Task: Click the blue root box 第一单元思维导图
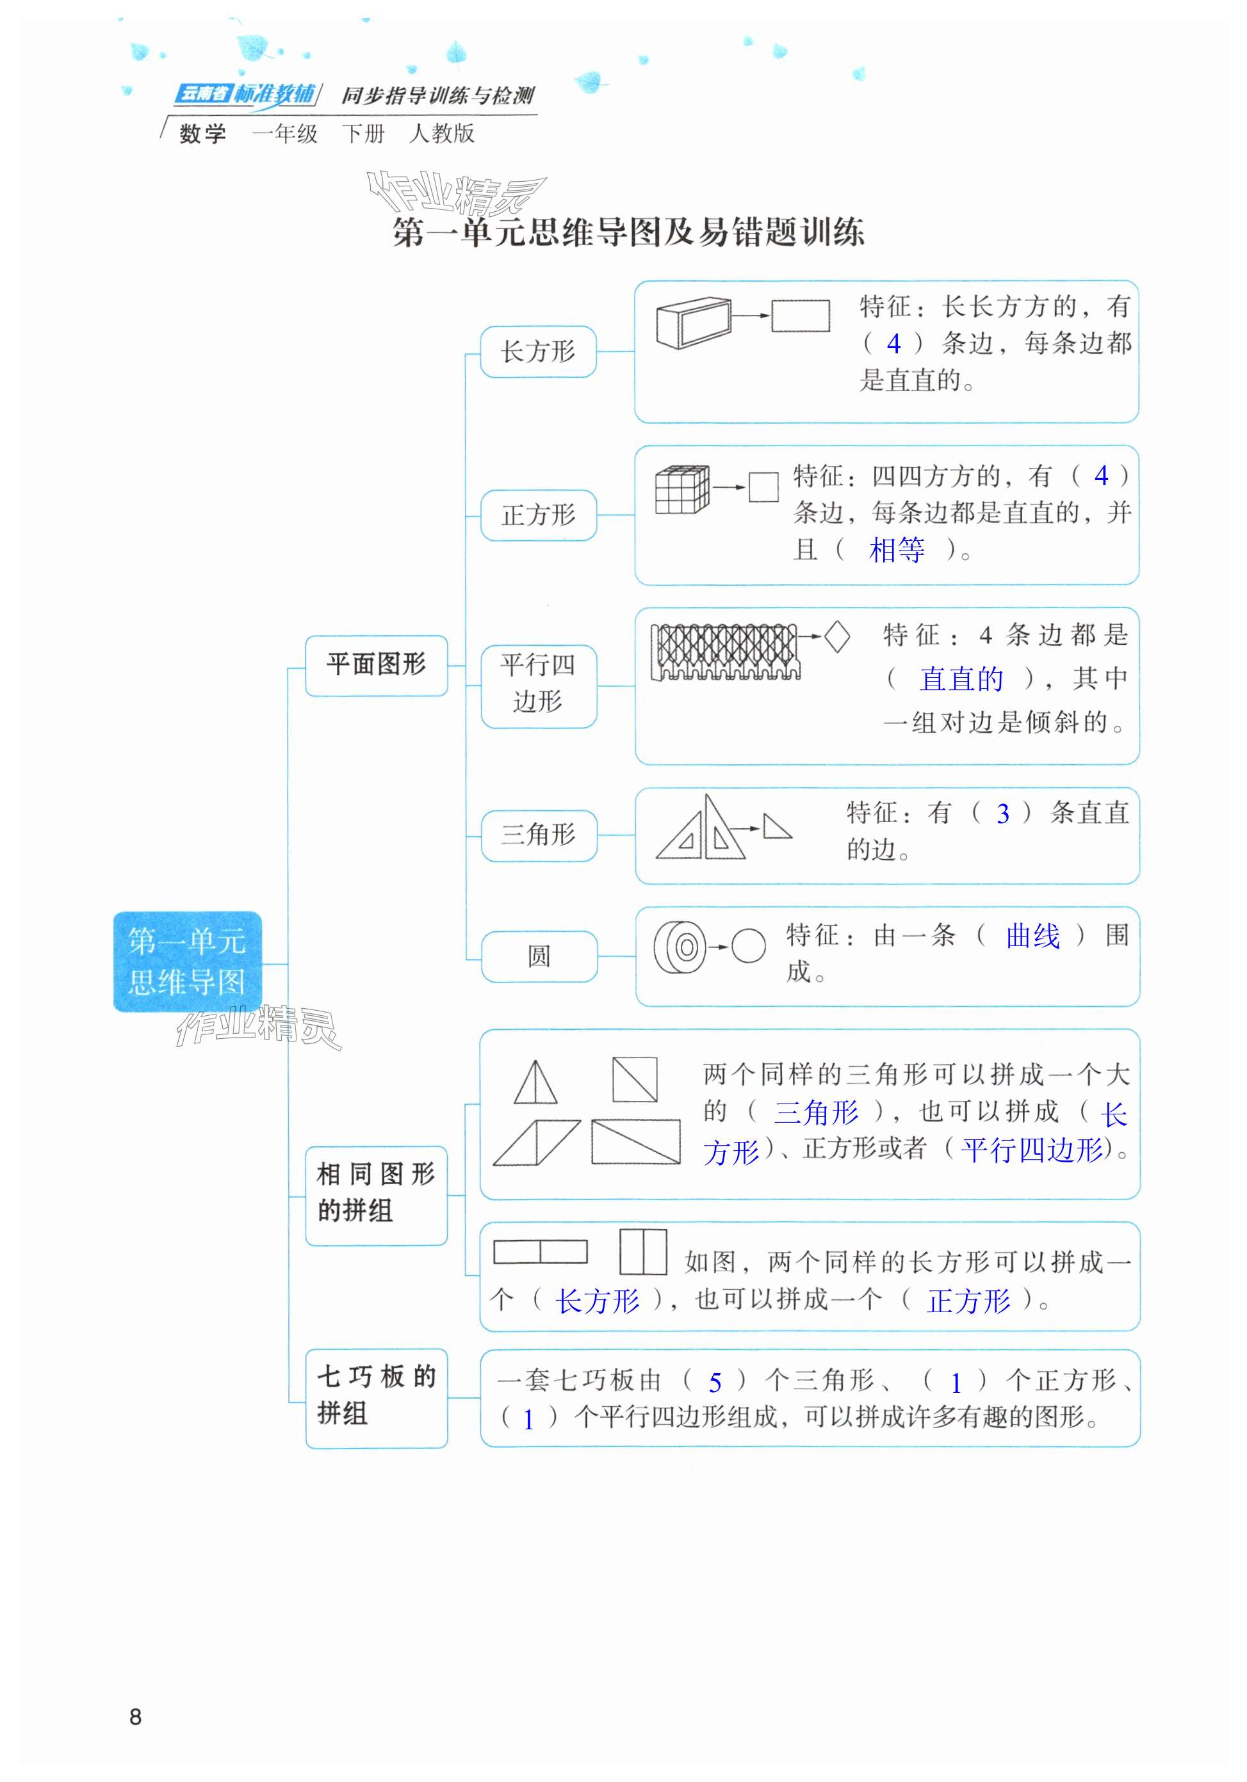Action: tap(187, 961)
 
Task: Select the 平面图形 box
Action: tap(376, 665)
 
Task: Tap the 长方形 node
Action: tap(538, 351)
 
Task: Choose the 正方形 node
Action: tap(538, 515)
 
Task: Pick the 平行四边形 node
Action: tap(538, 684)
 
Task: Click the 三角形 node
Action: tap(538, 835)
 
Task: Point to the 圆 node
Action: tap(539, 956)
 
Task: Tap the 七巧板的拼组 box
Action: tap(376, 1398)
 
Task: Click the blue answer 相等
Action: tap(896, 550)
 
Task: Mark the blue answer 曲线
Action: tap(1032, 936)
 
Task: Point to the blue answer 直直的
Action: tap(961, 679)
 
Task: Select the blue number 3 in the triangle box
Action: tap(1002, 814)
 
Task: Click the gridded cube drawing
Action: tap(681, 490)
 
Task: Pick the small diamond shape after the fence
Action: tap(836, 637)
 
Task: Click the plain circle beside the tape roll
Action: tap(749, 946)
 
